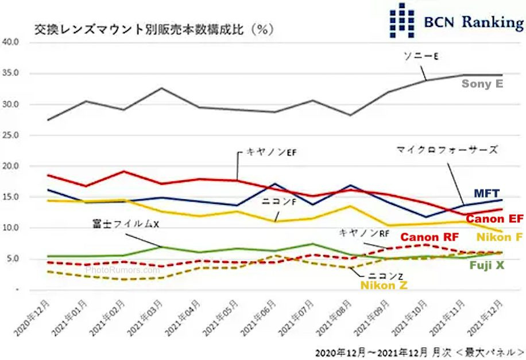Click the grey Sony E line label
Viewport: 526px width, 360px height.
482,84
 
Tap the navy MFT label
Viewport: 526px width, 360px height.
486,193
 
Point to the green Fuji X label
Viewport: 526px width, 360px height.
487,265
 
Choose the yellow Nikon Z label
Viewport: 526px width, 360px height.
384,284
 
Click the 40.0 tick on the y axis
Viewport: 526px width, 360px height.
11,42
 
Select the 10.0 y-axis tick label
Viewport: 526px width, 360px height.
11,228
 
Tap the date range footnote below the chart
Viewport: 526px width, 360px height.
419,351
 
